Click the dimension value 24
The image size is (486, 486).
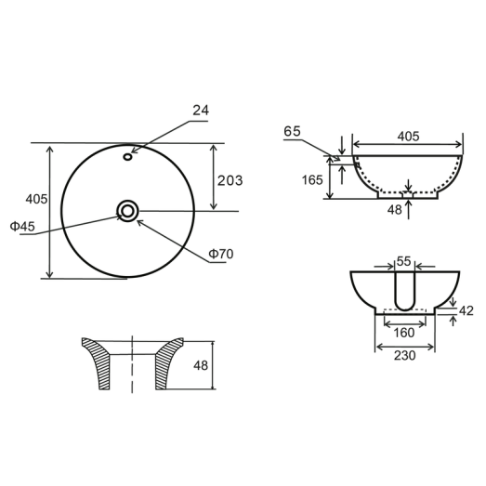[202, 111]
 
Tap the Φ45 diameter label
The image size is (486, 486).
[23, 227]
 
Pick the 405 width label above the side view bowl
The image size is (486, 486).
[408, 136]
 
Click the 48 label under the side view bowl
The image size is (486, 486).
[394, 210]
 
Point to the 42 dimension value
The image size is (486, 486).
[466, 311]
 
